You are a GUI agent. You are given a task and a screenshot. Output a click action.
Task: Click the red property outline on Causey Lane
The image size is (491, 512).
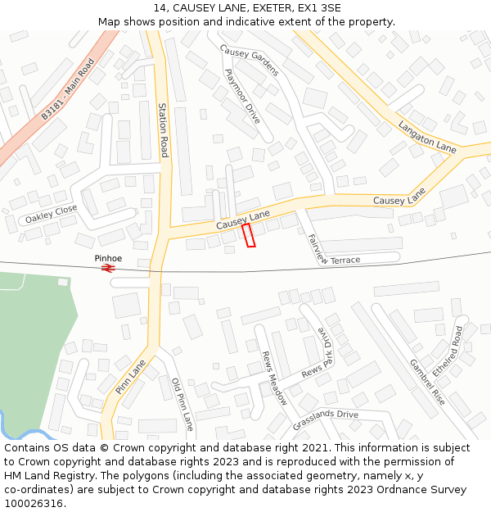(249, 234)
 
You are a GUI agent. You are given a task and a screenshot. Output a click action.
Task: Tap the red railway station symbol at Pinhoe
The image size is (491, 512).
(108, 267)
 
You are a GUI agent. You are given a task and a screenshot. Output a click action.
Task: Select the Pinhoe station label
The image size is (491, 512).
(108, 258)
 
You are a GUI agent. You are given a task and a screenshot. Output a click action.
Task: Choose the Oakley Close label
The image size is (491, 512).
(51, 215)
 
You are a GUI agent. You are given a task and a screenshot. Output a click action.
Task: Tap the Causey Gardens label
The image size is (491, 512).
(250, 60)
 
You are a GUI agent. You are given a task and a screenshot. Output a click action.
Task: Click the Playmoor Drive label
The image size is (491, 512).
(242, 96)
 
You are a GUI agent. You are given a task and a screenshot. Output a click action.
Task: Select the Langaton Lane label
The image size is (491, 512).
(427, 136)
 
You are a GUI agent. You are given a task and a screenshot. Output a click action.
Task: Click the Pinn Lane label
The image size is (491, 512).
(131, 376)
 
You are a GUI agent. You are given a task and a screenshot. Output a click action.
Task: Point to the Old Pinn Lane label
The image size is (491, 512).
(182, 404)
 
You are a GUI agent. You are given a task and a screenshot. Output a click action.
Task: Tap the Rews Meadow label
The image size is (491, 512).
(274, 378)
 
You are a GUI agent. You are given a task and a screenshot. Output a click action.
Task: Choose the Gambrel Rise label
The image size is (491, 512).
(427, 382)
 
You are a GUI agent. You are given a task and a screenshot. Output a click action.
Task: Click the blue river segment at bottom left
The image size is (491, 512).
(33, 434)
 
